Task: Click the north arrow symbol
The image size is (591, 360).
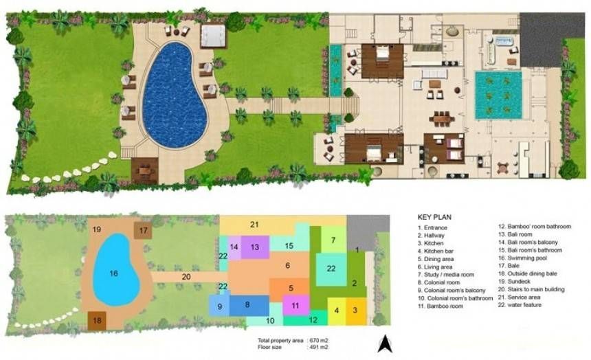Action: coord(385,344)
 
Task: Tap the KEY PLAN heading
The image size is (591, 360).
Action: coord(434,217)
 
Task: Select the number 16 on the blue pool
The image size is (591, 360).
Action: coord(113,273)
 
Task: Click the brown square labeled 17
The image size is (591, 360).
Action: coord(143,230)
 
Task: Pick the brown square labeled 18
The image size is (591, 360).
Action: coord(98,320)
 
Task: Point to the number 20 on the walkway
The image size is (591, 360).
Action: coord(186,277)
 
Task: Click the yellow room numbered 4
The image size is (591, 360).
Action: coord(337,311)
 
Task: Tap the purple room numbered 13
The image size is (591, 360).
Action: coord(255,247)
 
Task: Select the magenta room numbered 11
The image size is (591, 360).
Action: coord(296,305)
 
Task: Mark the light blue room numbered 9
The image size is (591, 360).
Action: coord(219,306)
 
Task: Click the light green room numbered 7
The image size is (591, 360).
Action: coord(333,240)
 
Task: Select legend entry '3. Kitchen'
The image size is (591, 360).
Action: coord(430,243)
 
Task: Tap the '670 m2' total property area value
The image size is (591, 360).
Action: coord(318,340)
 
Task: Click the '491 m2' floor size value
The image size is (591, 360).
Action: coord(318,347)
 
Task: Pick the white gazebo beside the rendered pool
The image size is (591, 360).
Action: coord(213,36)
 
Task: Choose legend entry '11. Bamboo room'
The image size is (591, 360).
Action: coord(441,306)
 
